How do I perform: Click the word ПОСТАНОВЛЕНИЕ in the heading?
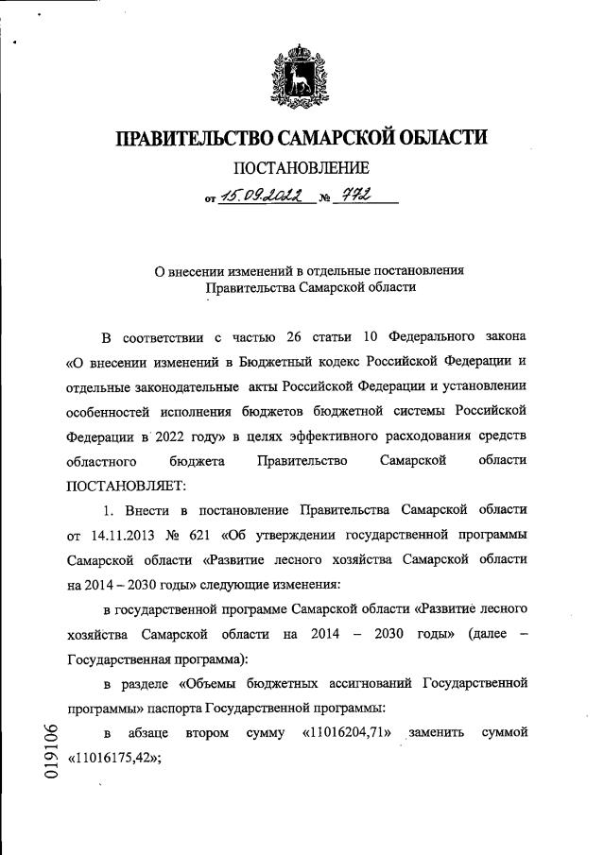(302, 169)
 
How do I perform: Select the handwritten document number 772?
(357, 196)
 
